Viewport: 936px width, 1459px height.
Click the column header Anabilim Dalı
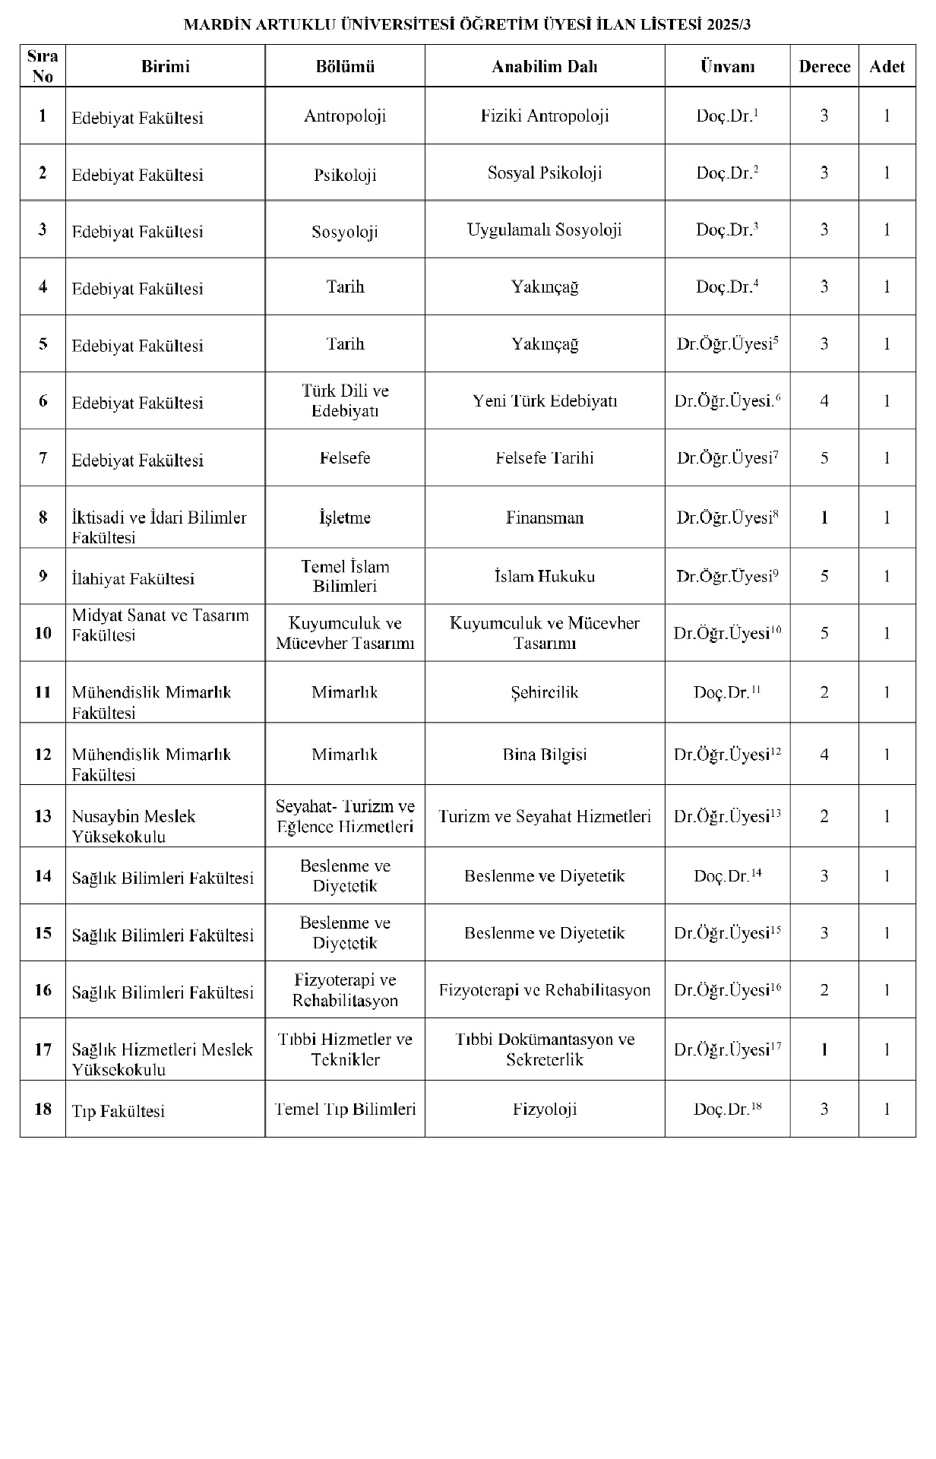(544, 66)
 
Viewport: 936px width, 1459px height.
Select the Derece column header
(824, 66)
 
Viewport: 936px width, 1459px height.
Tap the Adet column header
(887, 66)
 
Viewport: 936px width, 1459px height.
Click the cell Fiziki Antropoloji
(544, 116)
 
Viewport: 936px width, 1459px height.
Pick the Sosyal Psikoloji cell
(544, 172)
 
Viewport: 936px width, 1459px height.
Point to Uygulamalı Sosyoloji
(544, 229)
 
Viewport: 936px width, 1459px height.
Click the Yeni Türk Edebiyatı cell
(544, 400)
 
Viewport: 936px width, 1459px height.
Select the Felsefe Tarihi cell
(544, 457)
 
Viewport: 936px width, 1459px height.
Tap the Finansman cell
(544, 517)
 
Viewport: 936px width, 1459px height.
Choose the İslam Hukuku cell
(544, 576)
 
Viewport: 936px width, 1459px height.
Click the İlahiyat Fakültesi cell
(133, 578)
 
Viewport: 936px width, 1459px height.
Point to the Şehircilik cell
(544, 692)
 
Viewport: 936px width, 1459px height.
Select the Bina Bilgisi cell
(544, 755)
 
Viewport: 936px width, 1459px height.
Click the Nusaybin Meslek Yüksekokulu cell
(134, 826)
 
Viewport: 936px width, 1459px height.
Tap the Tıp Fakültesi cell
(118, 1111)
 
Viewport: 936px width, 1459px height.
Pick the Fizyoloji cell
(544, 1109)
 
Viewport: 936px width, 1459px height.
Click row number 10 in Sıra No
(43, 633)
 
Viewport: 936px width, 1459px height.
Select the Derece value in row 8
(824, 517)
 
